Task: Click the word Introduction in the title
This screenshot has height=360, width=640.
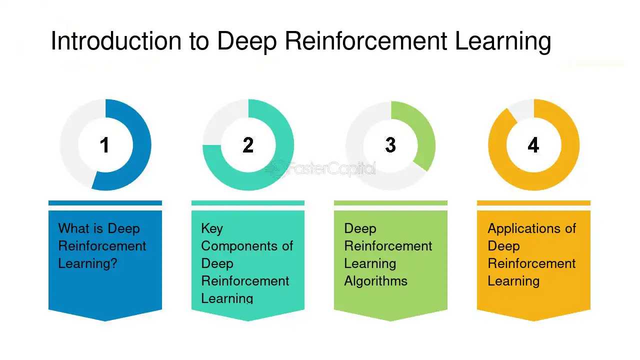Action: [x=116, y=41]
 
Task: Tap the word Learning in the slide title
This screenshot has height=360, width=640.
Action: [x=503, y=42]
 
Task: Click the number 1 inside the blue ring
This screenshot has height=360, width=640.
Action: [x=104, y=145]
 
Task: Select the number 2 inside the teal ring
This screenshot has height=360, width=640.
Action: [x=248, y=145]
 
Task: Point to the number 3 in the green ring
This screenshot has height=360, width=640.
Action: [x=390, y=145]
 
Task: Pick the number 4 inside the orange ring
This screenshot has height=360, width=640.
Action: [x=533, y=145]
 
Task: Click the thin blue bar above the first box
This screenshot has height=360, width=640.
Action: [x=105, y=203]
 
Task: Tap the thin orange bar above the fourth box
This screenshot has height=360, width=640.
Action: [x=533, y=203]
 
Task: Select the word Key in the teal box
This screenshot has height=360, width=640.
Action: [x=212, y=229]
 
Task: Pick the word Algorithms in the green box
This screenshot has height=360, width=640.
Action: [x=375, y=281]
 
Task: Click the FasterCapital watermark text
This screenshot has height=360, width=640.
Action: [x=331, y=168]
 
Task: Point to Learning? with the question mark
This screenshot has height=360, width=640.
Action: [x=87, y=264]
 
